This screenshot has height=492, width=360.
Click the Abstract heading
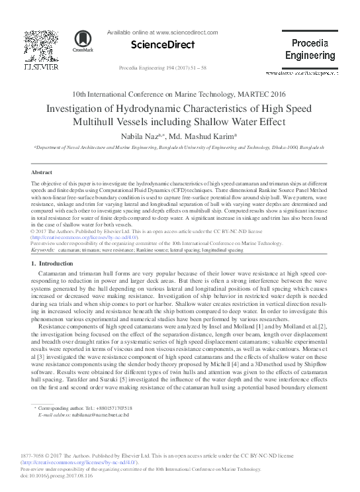pyautogui.click(x=42, y=171)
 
